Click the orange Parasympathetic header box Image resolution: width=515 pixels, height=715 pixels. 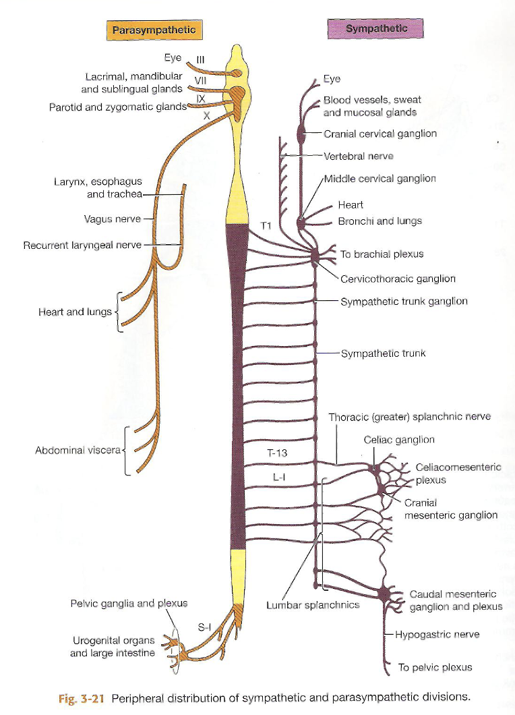click(154, 30)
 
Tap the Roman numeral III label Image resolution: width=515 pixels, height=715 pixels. click(200, 59)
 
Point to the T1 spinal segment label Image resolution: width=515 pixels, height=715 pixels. click(266, 227)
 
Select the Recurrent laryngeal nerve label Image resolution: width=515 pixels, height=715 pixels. click(82, 245)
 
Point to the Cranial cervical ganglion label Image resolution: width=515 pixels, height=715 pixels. click(380, 134)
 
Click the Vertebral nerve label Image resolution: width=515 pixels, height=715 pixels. click(358, 156)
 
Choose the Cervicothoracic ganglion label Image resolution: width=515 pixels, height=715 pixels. click(398, 279)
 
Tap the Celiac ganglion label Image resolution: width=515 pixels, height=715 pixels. click(399, 440)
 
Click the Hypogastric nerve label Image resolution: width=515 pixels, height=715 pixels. click(437, 635)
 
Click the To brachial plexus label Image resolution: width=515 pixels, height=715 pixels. click(382, 254)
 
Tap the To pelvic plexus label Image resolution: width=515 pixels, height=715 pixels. click(435, 667)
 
